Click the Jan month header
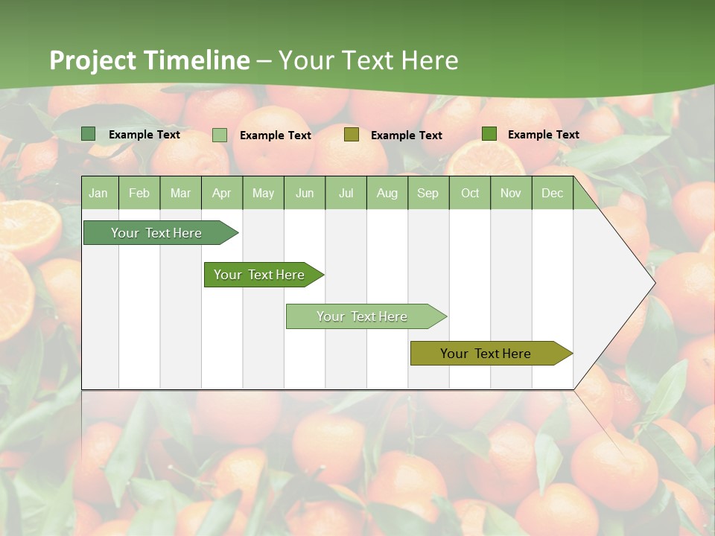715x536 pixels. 99,193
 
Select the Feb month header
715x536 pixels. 139,193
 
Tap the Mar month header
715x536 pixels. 180,193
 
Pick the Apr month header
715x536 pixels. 222,193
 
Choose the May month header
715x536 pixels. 263,193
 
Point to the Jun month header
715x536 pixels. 305,193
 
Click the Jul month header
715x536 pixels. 346,193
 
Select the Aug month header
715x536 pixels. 387,193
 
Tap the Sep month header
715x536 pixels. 428,193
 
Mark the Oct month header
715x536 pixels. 470,193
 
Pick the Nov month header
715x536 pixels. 511,193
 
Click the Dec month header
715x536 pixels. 553,193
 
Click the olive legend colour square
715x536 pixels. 352,135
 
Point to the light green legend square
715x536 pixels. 220,135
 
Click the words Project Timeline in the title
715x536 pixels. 150,60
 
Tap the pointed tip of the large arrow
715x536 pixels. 653,283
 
